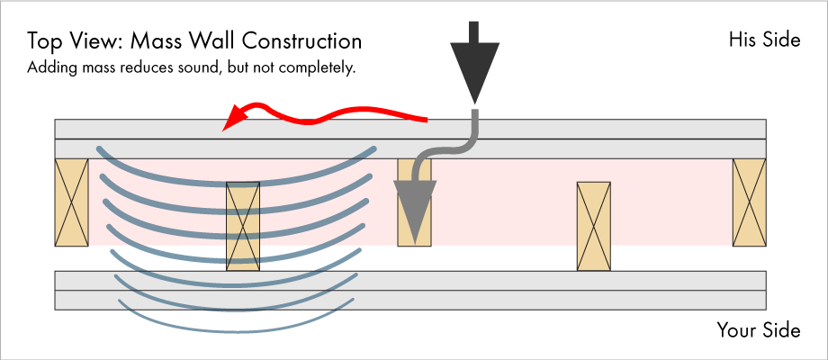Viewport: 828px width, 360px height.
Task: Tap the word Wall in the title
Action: (212, 41)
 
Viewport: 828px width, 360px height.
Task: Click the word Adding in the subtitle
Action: (45, 68)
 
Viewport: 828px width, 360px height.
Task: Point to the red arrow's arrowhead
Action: (236, 117)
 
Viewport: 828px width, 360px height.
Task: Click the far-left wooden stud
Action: (71, 202)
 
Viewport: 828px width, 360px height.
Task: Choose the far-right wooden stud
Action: (749, 202)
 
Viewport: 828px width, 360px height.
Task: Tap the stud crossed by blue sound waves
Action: (243, 227)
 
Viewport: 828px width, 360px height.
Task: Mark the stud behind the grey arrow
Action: (415, 202)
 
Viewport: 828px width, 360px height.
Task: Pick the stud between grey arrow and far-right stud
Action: (593, 227)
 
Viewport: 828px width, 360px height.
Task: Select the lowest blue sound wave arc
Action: (236, 331)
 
